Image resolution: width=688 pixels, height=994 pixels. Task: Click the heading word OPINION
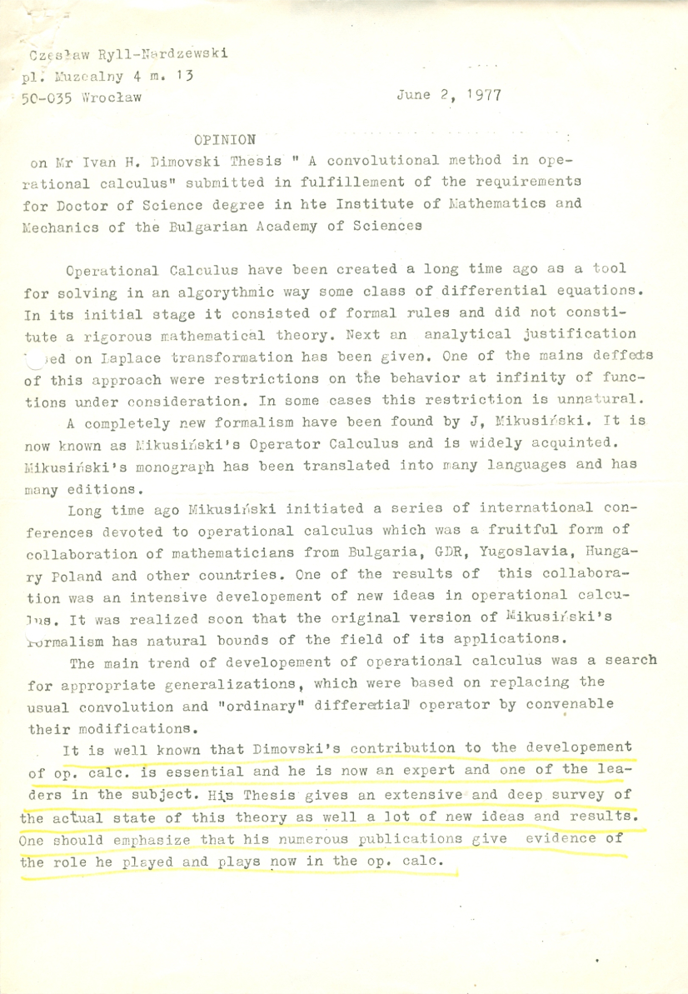(225, 138)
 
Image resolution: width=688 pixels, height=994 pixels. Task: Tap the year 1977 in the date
(484, 95)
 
